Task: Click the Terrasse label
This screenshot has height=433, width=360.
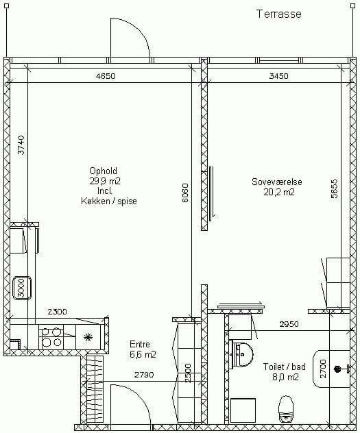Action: point(279,14)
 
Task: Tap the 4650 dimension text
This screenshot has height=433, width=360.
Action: point(106,76)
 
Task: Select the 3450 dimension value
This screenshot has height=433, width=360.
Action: point(279,76)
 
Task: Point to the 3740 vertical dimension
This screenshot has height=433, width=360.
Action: point(21,145)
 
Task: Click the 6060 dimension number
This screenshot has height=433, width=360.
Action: point(185,193)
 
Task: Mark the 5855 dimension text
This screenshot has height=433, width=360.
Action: point(335,189)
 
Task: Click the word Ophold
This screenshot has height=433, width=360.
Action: point(103,171)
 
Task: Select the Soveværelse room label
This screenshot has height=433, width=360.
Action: point(277,182)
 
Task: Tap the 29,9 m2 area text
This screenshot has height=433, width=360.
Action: point(105,181)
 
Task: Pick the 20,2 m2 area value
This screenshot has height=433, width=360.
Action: point(279,192)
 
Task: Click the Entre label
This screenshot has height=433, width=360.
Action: point(140,344)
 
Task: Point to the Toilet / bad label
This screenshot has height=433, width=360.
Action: point(285,367)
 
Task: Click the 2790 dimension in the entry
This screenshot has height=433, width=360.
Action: point(144,375)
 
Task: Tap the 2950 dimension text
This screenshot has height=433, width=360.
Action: point(289,324)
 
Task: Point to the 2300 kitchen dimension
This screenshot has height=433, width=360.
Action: point(57,312)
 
